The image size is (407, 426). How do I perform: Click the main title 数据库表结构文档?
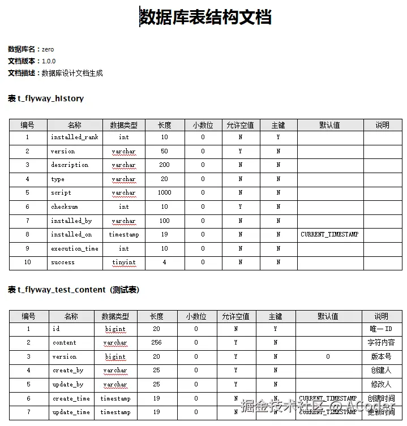coord(205,18)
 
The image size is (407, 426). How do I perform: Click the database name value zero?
coord(48,49)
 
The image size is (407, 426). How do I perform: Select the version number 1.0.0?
coord(49,61)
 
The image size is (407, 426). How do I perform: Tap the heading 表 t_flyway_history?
coord(46,98)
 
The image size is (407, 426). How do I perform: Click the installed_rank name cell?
coord(74,137)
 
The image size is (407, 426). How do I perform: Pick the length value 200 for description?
coord(164,165)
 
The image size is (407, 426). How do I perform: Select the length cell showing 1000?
coord(164,193)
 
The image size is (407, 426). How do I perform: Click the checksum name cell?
coord(64,207)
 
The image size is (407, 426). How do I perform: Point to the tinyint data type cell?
coord(123,263)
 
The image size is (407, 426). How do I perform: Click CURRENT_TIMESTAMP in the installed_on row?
coord(329,235)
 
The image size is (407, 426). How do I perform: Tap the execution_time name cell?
coord(74,249)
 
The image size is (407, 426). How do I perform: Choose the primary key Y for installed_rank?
coord(278,137)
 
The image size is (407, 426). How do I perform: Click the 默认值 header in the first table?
coord(329,125)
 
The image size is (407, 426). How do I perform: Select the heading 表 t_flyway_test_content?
coord(74,290)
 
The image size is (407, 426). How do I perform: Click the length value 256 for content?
coord(156,343)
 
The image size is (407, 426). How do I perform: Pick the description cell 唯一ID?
coord(381,329)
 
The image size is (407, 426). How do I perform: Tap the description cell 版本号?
coord(381,357)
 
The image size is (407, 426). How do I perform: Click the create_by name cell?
coord(68,371)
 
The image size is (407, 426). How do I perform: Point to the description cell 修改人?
coord(381,385)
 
